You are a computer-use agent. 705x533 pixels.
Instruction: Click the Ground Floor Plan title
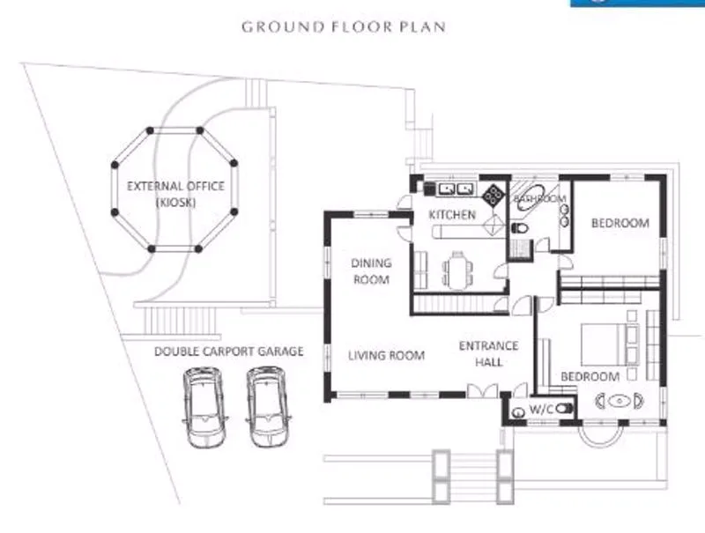click(344, 26)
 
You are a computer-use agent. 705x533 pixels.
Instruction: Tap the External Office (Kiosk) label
click(175, 194)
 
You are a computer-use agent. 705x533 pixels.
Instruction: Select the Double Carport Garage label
click(229, 351)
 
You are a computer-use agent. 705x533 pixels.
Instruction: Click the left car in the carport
click(204, 407)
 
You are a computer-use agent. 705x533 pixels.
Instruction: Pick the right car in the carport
click(268, 407)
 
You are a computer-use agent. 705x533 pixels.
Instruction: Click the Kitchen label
click(452, 215)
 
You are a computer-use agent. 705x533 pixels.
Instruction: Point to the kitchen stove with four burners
click(493, 194)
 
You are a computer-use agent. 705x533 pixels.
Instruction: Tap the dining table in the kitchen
click(457, 270)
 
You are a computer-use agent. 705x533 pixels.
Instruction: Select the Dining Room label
click(371, 271)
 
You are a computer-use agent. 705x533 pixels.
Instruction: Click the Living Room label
click(387, 356)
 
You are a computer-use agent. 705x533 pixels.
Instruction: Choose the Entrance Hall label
click(489, 353)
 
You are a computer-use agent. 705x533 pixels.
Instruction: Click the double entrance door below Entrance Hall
click(482, 391)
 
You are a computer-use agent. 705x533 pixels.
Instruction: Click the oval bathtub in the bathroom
click(532, 197)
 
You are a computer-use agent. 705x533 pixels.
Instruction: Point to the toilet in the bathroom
click(519, 228)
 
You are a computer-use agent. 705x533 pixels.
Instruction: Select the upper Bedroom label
click(620, 223)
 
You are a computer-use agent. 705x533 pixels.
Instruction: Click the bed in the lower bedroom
click(610, 344)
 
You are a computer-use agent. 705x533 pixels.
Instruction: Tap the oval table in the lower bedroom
click(620, 402)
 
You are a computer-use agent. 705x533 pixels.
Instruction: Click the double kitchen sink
click(456, 189)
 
